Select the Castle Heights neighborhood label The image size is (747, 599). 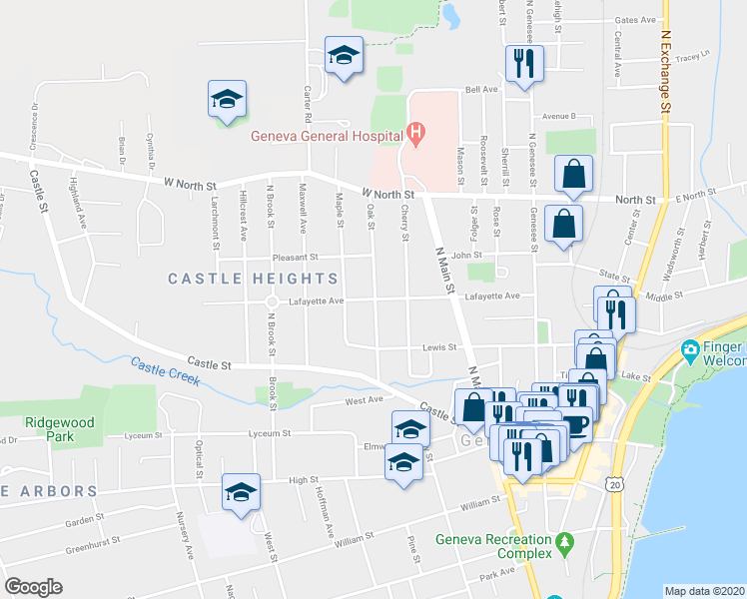254,279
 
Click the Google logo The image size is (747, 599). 33,587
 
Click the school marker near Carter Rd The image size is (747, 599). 344,56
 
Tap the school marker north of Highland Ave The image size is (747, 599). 227,99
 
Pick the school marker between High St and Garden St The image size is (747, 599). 241,492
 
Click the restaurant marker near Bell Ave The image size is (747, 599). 523,64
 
